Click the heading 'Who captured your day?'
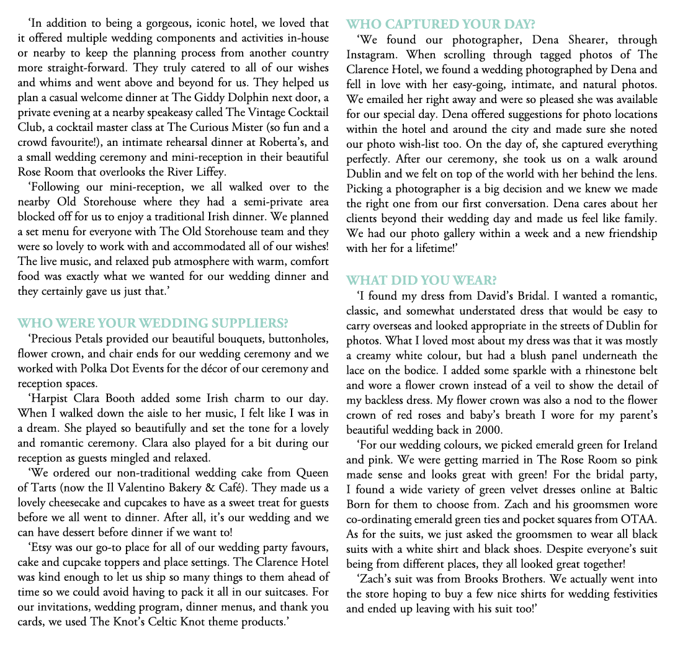(440, 25)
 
